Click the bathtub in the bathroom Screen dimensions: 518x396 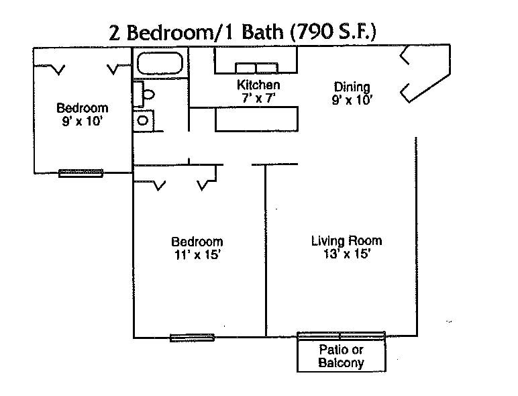point(160,63)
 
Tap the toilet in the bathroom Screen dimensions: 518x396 point(144,94)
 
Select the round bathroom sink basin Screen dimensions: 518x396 point(143,121)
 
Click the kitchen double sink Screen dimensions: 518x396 point(256,68)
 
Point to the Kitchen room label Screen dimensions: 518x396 point(258,85)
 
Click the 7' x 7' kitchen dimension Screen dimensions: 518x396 point(259,98)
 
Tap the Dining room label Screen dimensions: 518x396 point(352,87)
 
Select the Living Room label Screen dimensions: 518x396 point(346,241)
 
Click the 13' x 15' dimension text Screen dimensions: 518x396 point(346,254)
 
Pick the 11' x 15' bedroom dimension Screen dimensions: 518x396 point(197,255)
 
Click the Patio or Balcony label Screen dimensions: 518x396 point(342,356)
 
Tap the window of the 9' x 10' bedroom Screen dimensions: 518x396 point(81,173)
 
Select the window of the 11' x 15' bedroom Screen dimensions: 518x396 point(192,338)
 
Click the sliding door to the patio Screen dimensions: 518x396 point(342,336)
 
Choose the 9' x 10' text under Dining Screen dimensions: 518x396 point(352,100)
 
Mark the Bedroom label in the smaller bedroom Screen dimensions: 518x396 point(83,108)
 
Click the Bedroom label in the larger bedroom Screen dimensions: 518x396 point(197,242)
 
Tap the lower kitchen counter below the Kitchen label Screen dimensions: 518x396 point(256,119)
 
